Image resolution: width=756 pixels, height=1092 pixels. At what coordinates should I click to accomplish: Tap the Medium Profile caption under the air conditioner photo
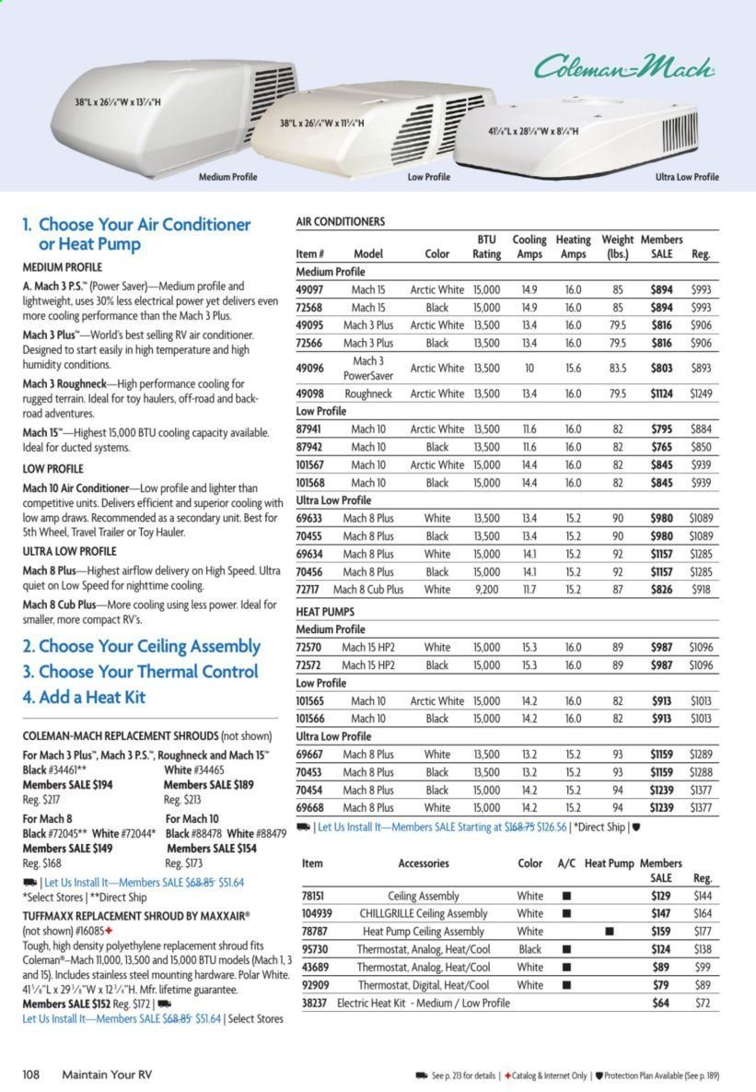(227, 177)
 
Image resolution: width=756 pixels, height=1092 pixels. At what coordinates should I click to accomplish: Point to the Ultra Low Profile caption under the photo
(687, 177)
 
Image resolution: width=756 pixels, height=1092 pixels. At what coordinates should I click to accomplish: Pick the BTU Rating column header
(486, 247)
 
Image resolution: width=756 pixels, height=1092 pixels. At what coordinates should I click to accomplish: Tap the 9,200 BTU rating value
(486, 589)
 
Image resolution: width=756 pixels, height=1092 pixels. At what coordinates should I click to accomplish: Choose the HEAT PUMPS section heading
(327, 611)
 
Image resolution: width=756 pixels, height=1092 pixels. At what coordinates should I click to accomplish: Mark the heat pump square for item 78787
(609, 932)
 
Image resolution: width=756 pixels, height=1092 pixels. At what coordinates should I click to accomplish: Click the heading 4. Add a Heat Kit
(84, 697)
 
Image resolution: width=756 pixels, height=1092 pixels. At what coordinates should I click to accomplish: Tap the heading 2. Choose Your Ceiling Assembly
(141, 646)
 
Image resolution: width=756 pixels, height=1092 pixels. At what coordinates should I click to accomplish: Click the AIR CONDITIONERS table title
(340, 222)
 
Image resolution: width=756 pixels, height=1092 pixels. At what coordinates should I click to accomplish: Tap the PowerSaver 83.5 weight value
(618, 368)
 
